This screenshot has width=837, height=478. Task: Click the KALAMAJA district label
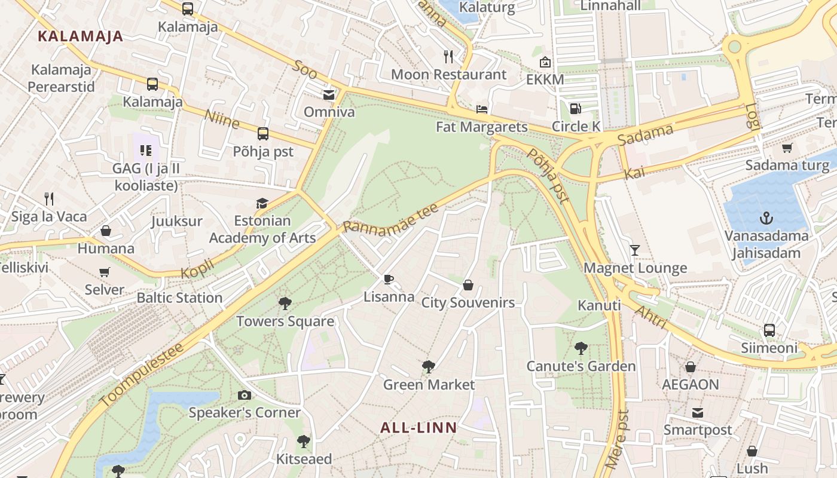80,36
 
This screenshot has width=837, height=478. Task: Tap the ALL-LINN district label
418,428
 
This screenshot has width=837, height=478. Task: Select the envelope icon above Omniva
329,94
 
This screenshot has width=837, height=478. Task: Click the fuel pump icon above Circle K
575,108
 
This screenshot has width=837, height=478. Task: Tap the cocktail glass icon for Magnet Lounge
634,250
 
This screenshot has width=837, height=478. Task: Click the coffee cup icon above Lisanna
389,279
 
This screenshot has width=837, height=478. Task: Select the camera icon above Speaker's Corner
244,395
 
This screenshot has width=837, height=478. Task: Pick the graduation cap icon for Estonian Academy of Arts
262,203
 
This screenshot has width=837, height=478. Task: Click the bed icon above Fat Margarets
482,109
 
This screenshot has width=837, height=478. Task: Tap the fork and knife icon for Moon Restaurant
448,57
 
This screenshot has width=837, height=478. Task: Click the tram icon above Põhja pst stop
263,134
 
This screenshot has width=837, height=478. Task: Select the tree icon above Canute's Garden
580,348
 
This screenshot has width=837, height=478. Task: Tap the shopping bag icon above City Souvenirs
468,285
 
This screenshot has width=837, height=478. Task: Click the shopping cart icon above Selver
105,272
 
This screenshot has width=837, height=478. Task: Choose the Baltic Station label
179,298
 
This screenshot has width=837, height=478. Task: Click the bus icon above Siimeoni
769,330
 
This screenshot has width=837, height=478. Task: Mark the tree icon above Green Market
428,367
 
